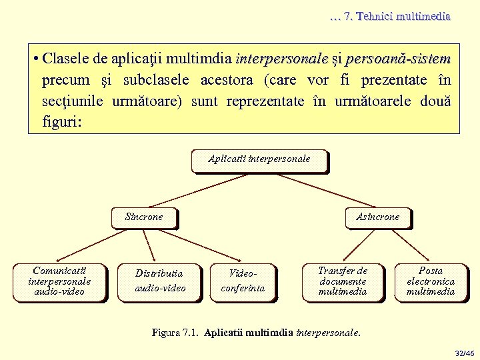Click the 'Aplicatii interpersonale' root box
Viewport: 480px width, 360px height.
pyautogui.click(x=259, y=160)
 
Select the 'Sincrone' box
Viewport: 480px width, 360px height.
pyautogui.click(x=144, y=217)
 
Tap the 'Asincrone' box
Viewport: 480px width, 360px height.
pyautogui.click(x=377, y=217)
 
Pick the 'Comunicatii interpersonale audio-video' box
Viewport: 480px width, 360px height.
pyautogui.click(x=60, y=281)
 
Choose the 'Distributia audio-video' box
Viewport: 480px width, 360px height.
pyautogui.click(x=160, y=281)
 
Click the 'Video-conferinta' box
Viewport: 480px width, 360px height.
pyautogui.click(x=243, y=281)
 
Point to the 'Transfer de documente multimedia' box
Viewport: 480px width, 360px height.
pyautogui.click(x=343, y=281)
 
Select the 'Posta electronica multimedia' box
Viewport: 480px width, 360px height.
pyautogui.click(x=430, y=281)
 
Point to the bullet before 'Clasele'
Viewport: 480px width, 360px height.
pyautogui.click(x=34, y=59)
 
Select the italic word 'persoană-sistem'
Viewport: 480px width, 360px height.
pyautogui.click(x=398, y=59)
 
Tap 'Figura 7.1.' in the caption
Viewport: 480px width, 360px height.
pyautogui.click(x=175, y=331)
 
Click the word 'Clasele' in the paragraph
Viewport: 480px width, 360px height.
pyautogui.click(x=66, y=59)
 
